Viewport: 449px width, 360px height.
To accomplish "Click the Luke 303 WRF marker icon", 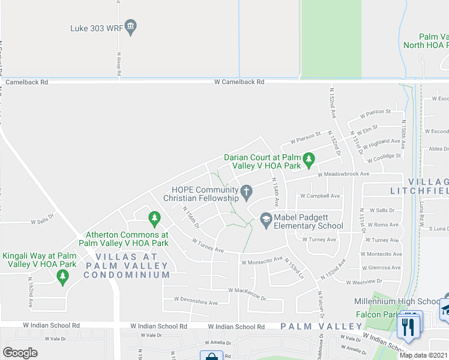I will pos(131,27).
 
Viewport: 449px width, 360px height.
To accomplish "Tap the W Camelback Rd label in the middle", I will pos(239,82).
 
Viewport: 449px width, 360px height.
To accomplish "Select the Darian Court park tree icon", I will pos(309,160).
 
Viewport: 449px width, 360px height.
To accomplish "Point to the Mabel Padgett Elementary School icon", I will pos(265,220).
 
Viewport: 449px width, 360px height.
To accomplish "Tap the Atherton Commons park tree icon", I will pos(154,217).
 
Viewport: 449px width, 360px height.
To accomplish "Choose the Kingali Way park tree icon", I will pos(62,276).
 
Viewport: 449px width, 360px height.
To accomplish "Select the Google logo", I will pos(20,353).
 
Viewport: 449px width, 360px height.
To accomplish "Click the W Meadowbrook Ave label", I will pos(343,174).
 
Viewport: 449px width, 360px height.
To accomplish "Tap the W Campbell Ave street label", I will pos(320,196).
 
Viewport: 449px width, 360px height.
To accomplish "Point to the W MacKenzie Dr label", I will pos(247,290).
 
